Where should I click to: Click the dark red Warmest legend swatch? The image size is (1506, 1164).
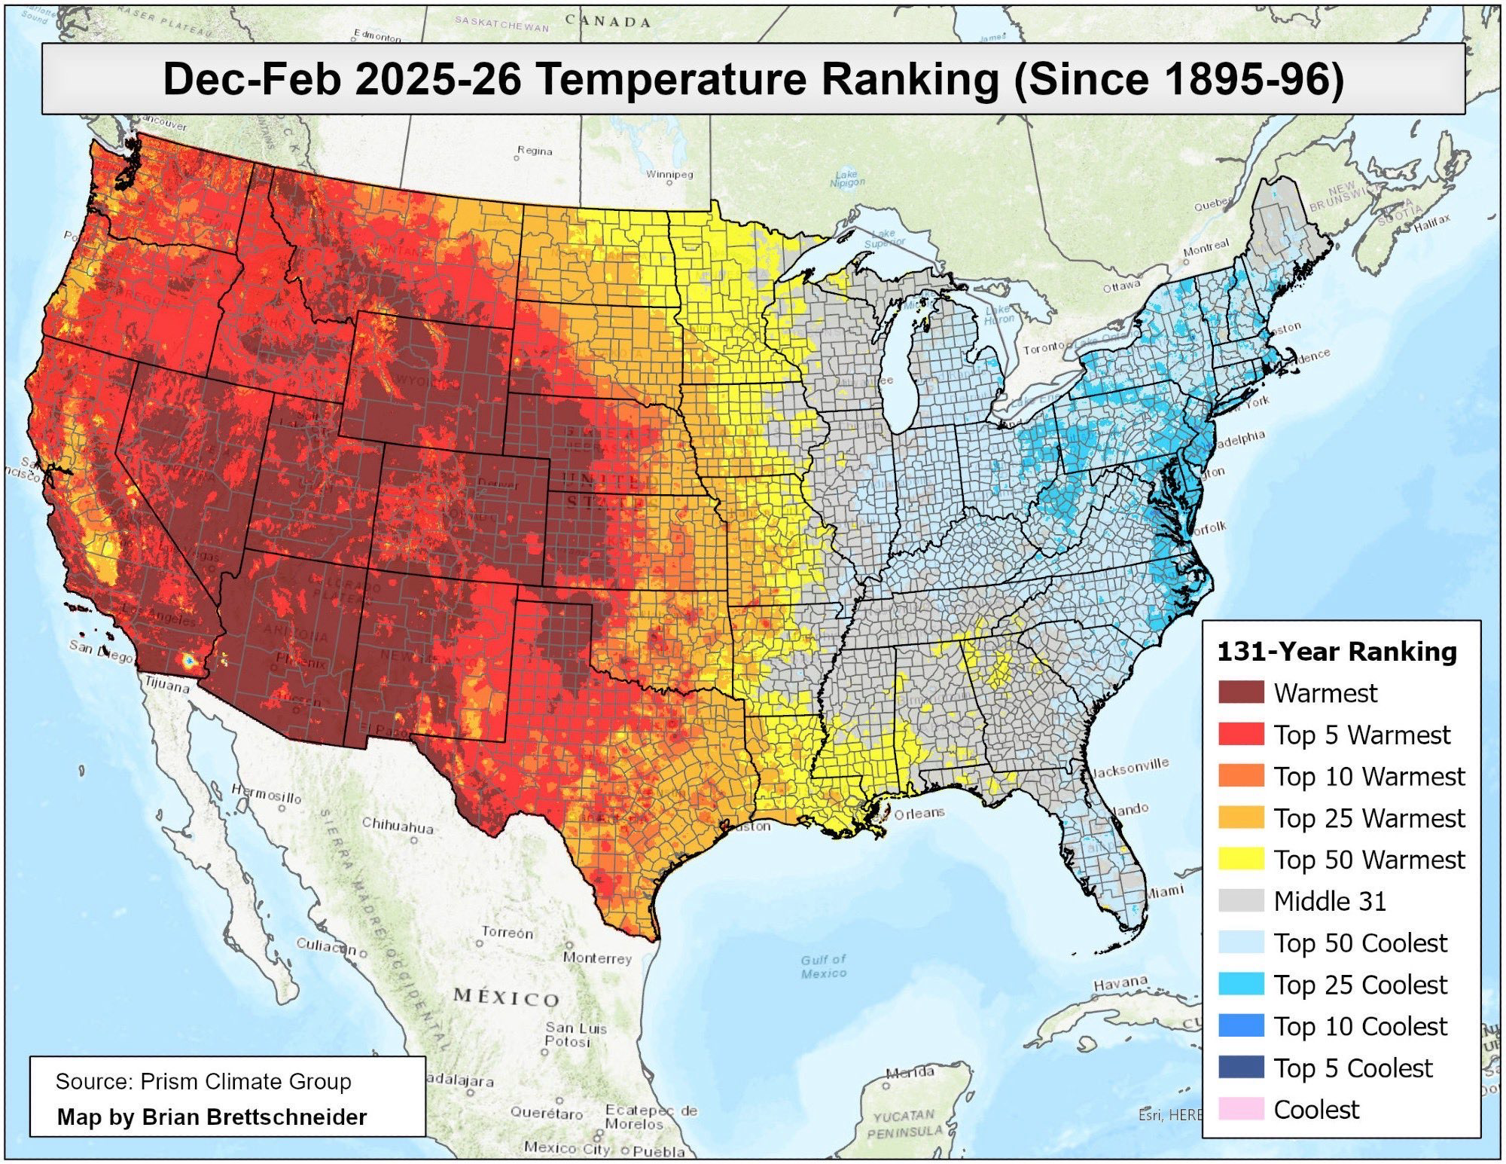point(1240,692)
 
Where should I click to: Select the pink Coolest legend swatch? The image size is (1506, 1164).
point(1240,1109)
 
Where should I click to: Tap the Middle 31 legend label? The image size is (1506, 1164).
point(1329,901)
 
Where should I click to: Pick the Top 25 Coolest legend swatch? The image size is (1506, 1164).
point(1240,984)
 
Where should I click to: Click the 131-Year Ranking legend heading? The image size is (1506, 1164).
point(1337,652)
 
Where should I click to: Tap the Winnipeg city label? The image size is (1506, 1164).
point(669,175)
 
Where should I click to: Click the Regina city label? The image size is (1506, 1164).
point(535,151)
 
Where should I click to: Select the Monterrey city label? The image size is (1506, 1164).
point(597,958)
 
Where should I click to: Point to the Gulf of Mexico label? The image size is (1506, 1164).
point(823,966)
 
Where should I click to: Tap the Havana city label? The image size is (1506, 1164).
point(1120,983)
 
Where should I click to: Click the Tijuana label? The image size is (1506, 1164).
point(167,686)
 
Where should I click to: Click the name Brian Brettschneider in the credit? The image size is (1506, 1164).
point(254,1117)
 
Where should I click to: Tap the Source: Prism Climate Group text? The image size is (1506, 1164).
point(203,1082)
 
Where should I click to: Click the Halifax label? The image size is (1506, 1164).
point(1431,221)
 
